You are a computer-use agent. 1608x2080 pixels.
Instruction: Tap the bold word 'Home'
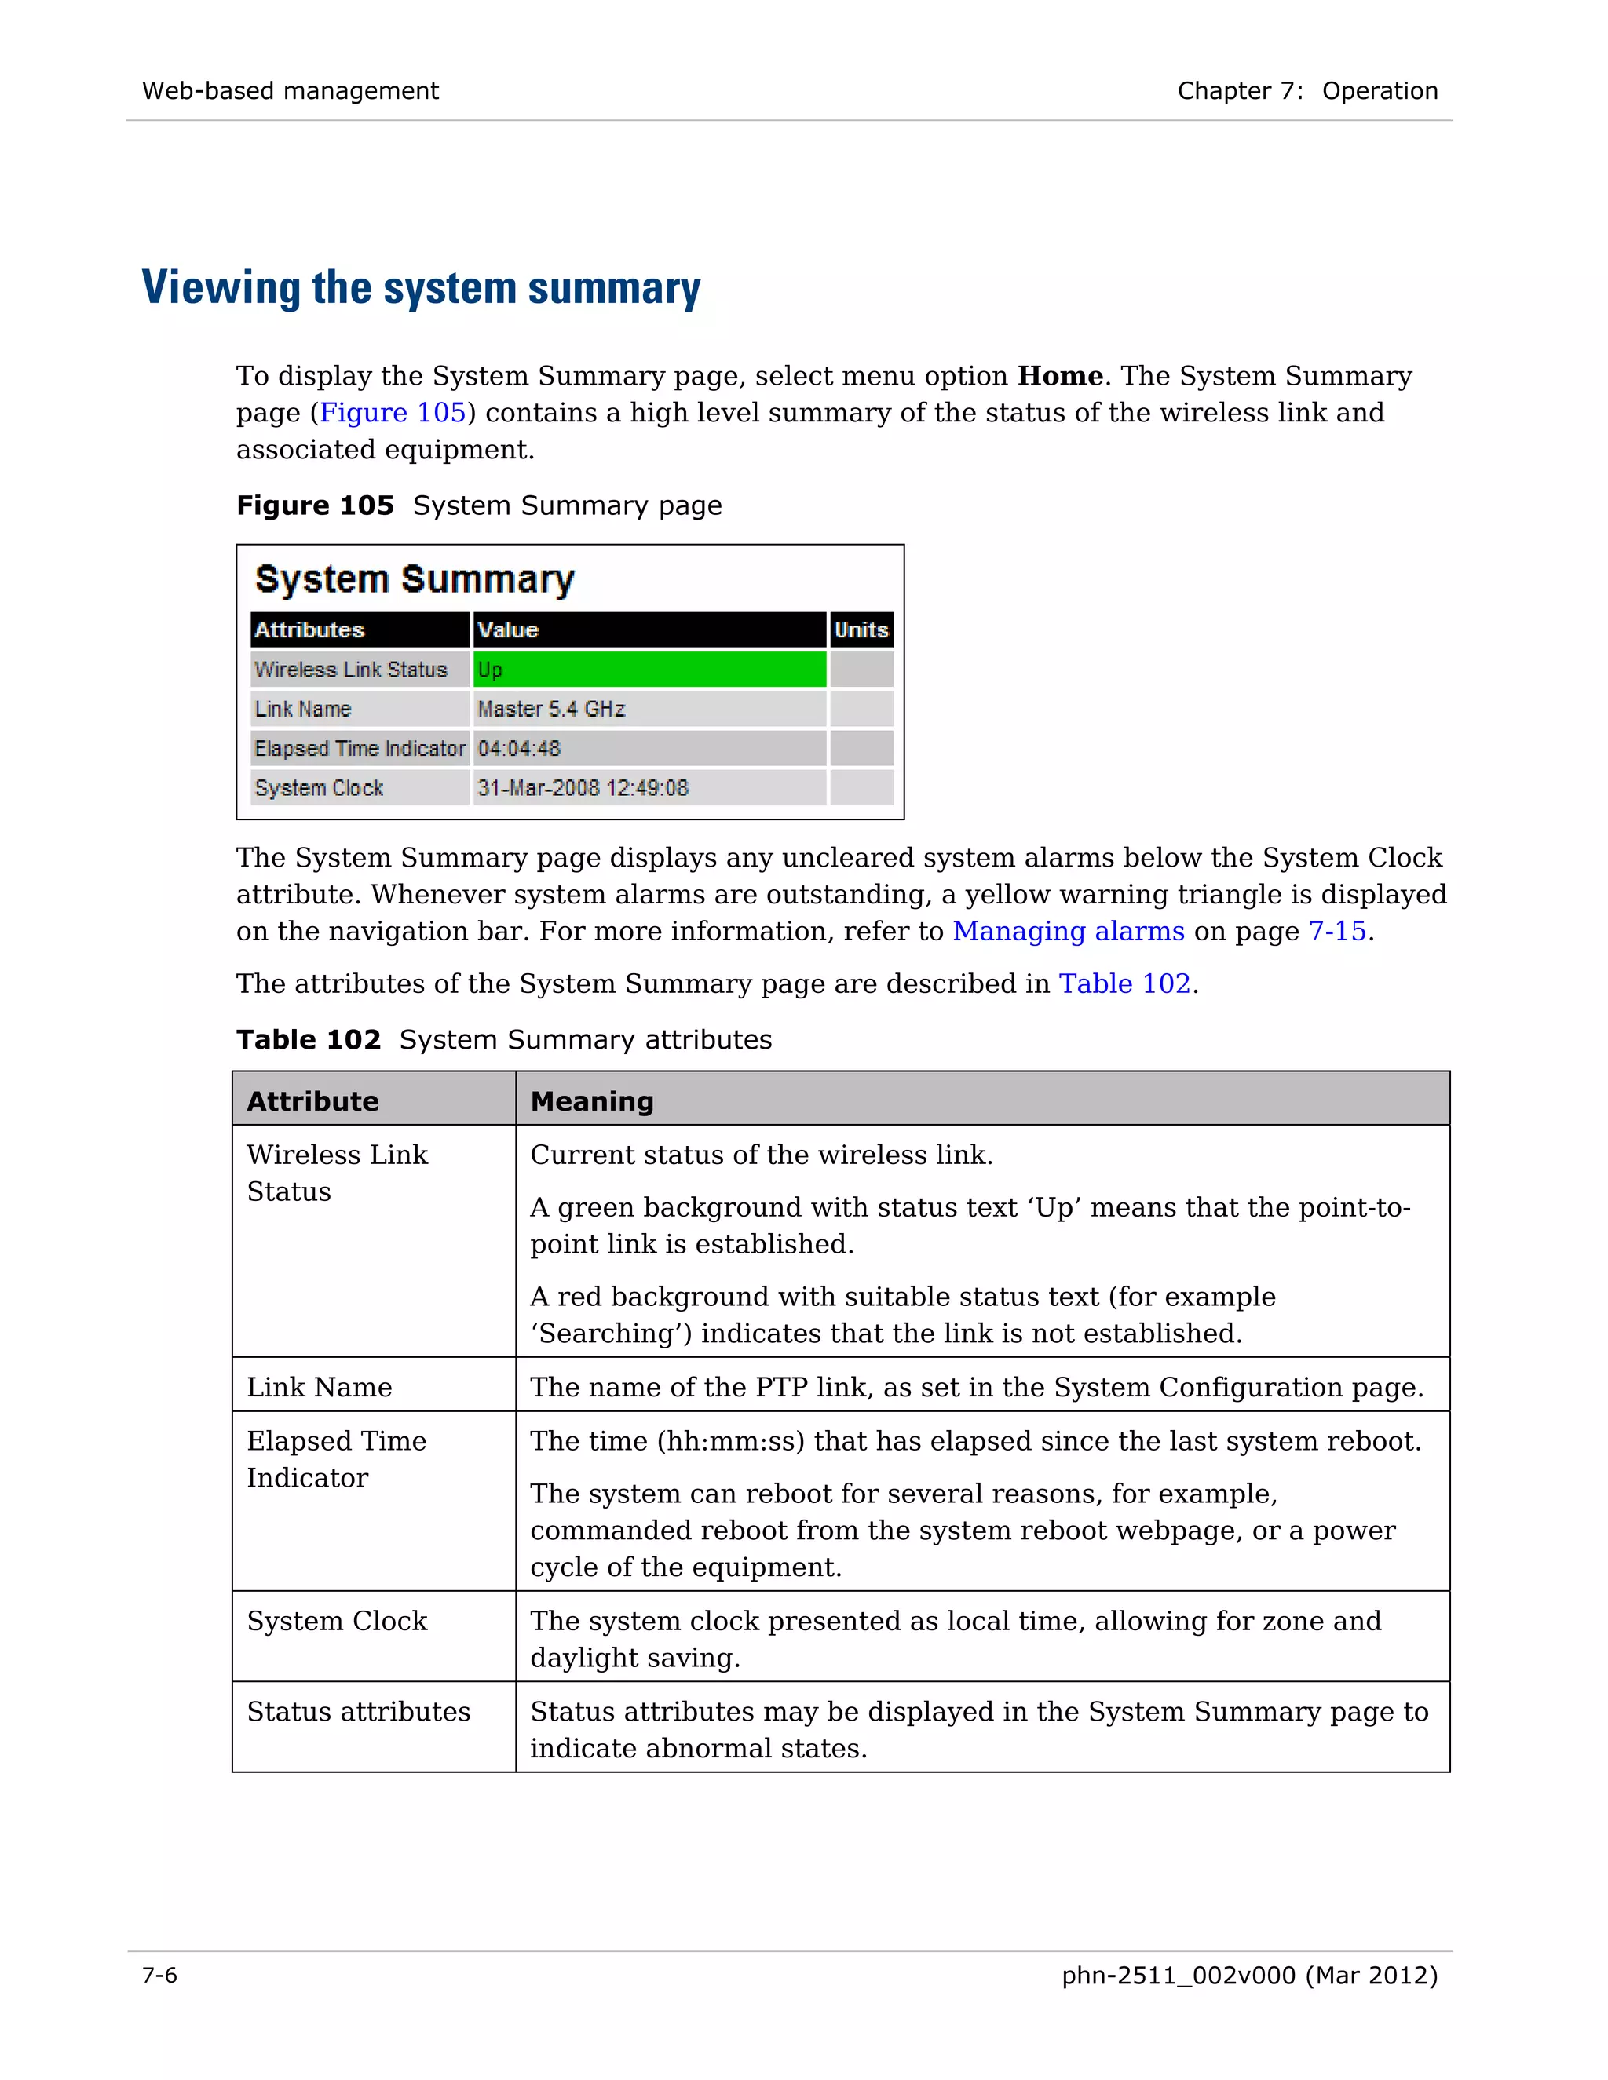pyautogui.click(x=1059, y=376)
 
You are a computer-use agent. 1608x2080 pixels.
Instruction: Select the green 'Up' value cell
pyautogui.click(x=649, y=670)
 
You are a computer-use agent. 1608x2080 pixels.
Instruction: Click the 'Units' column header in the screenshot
pyautogui.click(x=861, y=629)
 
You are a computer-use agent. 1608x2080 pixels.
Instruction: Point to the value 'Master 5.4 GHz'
pyautogui.click(x=550, y=709)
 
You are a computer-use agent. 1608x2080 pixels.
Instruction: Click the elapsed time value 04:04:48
pyautogui.click(x=518, y=749)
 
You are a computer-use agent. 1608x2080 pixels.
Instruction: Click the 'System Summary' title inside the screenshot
pyautogui.click(x=415, y=579)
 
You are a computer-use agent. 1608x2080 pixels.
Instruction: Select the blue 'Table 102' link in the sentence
pyautogui.click(x=1124, y=983)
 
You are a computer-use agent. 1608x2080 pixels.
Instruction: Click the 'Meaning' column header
pyautogui.click(x=591, y=1101)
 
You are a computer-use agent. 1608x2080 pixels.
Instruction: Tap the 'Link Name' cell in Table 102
pyautogui.click(x=319, y=1387)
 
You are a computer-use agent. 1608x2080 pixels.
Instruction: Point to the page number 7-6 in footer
pyautogui.click(x=159, y=1976)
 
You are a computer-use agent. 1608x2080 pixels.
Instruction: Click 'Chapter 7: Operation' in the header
pyautogui.click(x=1307, y=90)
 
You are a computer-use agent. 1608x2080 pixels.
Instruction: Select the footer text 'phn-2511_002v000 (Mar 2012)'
pyautogui.click(x=1249, y=1976)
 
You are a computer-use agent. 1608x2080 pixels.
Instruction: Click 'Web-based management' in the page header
pyautogui.click(x=290, y=90)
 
